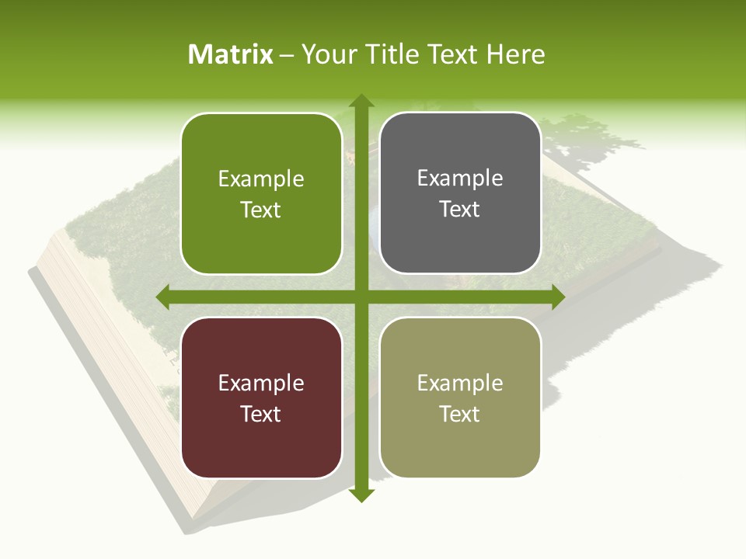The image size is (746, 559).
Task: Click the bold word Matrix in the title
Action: coord(231,54)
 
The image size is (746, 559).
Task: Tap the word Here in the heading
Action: coord(516,54)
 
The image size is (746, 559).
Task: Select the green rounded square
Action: coord(261,193)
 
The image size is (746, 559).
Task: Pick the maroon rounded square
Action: coord(261,398)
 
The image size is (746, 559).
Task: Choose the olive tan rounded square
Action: coord(460,398)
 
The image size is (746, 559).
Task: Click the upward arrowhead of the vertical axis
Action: coord(361,102)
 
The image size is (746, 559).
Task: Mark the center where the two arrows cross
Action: coord(361,297)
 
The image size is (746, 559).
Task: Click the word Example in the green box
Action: coord(261,179)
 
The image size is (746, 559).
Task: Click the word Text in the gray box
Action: coord(460,210)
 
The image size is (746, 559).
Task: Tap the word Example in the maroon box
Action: coord(261,384)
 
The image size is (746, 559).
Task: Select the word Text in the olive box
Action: coord(460,414)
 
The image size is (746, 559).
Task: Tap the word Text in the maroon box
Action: coord(261,414)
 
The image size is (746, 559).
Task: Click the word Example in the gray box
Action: coord(460,179)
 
